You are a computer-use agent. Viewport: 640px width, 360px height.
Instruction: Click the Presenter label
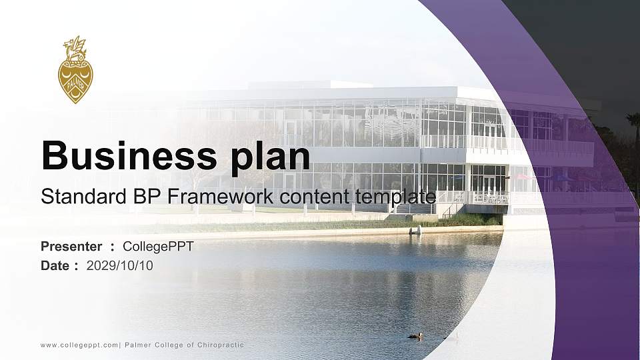point(71,247)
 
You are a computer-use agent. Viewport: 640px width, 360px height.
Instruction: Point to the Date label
point(55,265)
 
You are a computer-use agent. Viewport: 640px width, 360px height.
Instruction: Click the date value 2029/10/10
point(120,265)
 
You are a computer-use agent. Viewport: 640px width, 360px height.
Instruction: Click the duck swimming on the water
point(415,335)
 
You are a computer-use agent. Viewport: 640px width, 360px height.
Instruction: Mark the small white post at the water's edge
point(419,231)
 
